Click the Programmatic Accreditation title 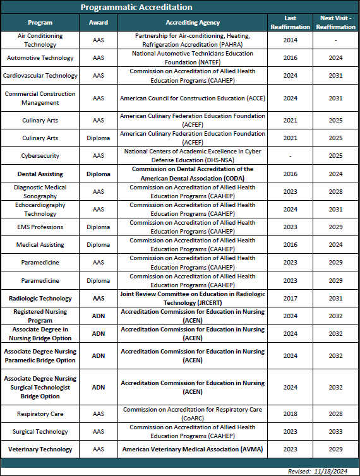pyautogui.click(x=136, y=8)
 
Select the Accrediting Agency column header pyautogui.click(x=192, y=23)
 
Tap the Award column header pyautogui.click(x=99, y=23)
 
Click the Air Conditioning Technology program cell pyautogui.click(x=40, y=40)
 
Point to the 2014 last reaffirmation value pyautogui.click(x=291, y=40)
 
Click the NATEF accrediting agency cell pyautogui.click(x=192, y=58)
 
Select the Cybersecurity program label pyautogui.click(x=40, y=155)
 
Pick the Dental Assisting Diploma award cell pyautogui.click(x=99, y=174)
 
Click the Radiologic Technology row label pyautogui.click(x=40, y=298)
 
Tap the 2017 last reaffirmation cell pyautogui.click(x=291, y=298)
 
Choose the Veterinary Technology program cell pyautogui.click(x=40, y=449)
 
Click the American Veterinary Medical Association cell pyautogui.click(x=192, y=449)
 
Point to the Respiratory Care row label pyautogui.click(x=40, y=414)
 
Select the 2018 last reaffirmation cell pyautogui.click(x=291, y=414)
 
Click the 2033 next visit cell pyautogui.click(x=335, y=432)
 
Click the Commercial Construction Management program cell pyautogui.click(x=40, y=98)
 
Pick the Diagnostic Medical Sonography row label pyautogui.click(x=40, y=191)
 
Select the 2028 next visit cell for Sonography pyautogui.click(x=335, y=191)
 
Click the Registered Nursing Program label pyautogui.click(x=40, y=316)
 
